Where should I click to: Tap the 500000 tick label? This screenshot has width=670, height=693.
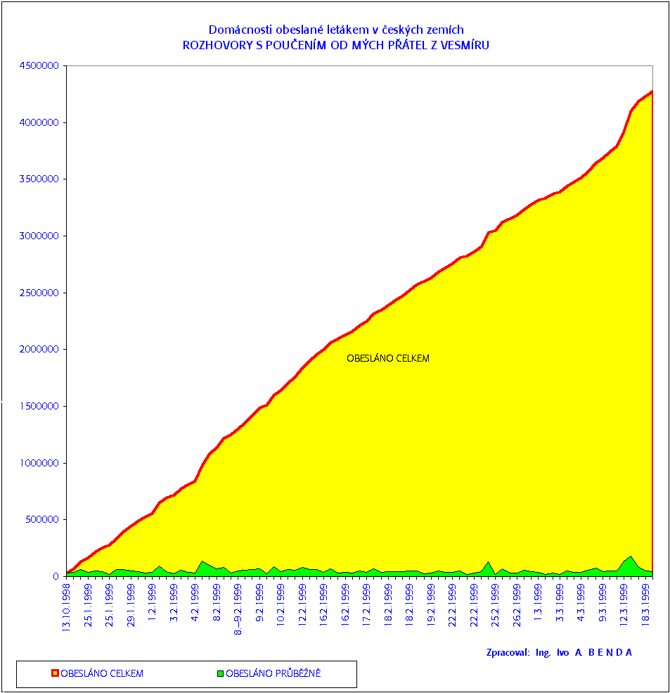[x=43, y=520]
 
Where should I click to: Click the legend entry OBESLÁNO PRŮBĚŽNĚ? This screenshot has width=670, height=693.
[x=273, y=673]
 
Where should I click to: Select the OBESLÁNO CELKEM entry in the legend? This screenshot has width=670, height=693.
[x=102, y=673]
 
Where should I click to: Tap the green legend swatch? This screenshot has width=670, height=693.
[x=220, y=673]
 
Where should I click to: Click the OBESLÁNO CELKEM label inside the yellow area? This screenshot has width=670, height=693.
[x=387, y=358]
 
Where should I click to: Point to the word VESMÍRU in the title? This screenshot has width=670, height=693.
[x=465, y=45]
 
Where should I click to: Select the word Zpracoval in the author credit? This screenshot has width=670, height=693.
[x=507, y=652]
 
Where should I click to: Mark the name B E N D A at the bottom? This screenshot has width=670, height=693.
[x=610, y=652]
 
